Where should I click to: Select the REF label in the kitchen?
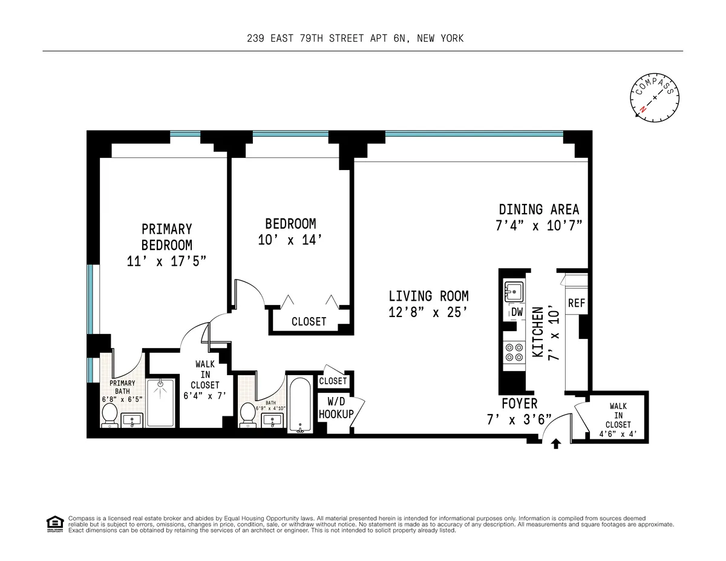pos(577,303)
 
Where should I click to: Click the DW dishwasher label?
pos(517,312)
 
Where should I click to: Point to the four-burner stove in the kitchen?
pos(514,352)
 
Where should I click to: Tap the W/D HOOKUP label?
pos(336,408)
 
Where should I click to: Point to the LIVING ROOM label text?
pos(428,296)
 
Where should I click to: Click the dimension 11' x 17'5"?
pos(166,262)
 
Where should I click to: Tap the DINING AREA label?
pos(538,209)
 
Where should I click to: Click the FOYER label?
pos(519,404)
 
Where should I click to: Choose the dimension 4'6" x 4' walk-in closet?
pos(615,434)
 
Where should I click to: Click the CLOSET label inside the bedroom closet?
pos(309,321)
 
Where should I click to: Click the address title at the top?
pos(355,38)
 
